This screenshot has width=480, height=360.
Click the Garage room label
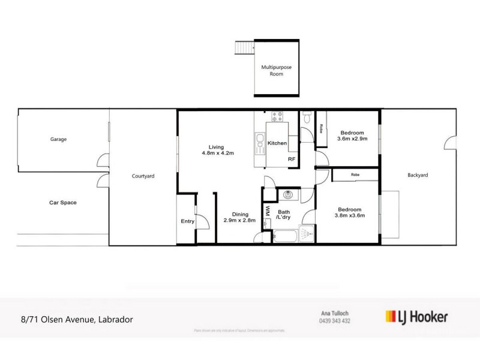[x=58, y=139]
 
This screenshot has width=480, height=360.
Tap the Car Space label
[x=62, y=203]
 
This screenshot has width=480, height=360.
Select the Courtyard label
[x=143, y=176]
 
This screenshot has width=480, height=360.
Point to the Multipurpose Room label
[x=276, y=71]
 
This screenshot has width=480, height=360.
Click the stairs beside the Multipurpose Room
[x=244, y=47]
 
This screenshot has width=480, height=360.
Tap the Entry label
[x=187, y=221]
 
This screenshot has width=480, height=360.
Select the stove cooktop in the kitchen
[x=278, y=118]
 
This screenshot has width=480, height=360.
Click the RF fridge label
[x=292, y=159]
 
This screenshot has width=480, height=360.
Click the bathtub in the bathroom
[x=284, y=235]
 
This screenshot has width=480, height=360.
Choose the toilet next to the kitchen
[x=306, y=118]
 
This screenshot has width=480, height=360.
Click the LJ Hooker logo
[x=415, y=316]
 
